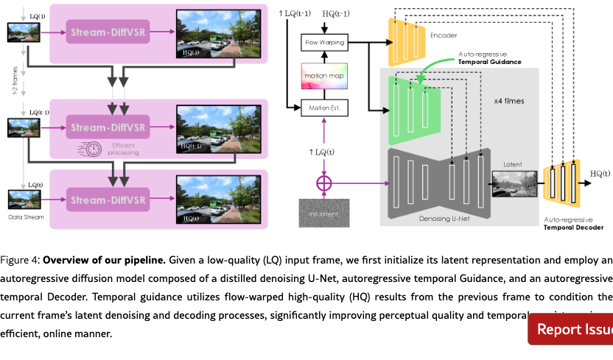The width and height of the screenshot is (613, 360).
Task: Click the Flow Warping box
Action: click(325, 43)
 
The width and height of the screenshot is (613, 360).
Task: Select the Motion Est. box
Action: click(324, 108)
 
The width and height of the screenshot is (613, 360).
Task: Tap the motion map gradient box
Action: click(325, 77)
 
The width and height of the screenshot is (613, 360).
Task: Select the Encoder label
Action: click(444, 34)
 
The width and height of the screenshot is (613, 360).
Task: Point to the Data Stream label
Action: click(26, 217)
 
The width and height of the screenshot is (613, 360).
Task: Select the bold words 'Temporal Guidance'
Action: click(489, 62)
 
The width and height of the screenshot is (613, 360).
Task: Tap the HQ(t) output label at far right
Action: click(600, 174)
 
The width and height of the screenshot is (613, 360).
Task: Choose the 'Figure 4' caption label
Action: click(20, 260)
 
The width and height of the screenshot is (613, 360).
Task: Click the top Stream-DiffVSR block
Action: click(108, 32)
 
